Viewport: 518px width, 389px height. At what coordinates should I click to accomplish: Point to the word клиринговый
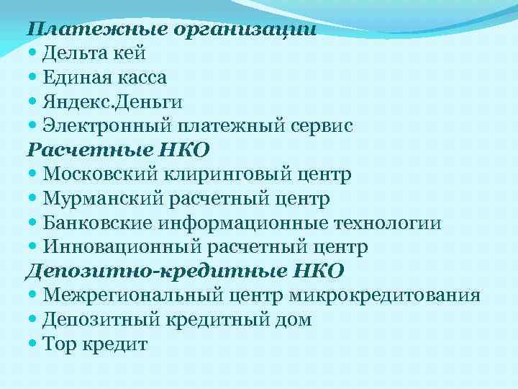[x=217, y=174]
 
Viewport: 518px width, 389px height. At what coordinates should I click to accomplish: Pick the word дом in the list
[x=296, y=320]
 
